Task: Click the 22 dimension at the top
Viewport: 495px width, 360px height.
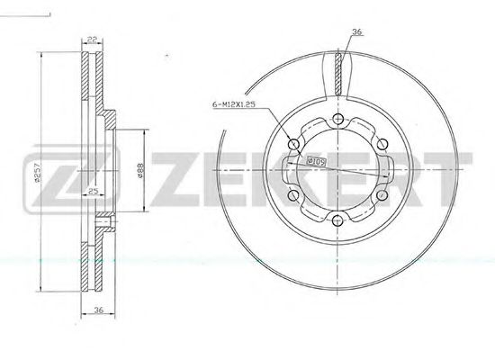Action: click(92, 40)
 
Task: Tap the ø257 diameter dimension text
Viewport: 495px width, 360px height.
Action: click(37, 172)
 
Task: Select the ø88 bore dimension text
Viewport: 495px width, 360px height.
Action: click(139, 170)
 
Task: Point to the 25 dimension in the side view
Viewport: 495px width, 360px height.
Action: click(94, 191)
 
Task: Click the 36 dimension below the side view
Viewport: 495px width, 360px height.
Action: click(99, 310)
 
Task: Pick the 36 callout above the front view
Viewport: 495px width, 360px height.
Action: click(357, 31)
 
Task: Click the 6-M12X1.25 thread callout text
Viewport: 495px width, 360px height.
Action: click(234, 104)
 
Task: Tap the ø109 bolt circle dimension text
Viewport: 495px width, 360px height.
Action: click(316, 162)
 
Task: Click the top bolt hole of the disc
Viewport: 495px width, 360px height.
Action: click(337, 119)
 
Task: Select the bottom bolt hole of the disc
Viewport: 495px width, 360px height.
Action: click(337, 220)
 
